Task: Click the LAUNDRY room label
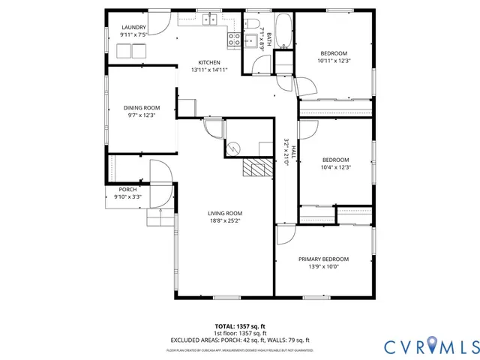[133, 28]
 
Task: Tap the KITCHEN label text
[208, 62]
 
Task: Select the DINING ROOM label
[142, 108]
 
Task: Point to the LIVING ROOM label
[225, 214]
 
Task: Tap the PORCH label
[127, 190]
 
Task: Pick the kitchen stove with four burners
[234, 39]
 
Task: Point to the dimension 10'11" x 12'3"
[334, 61]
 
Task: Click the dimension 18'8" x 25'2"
[225, 221]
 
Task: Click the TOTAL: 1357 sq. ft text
[240, 326]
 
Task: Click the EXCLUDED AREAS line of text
[240, 340]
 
